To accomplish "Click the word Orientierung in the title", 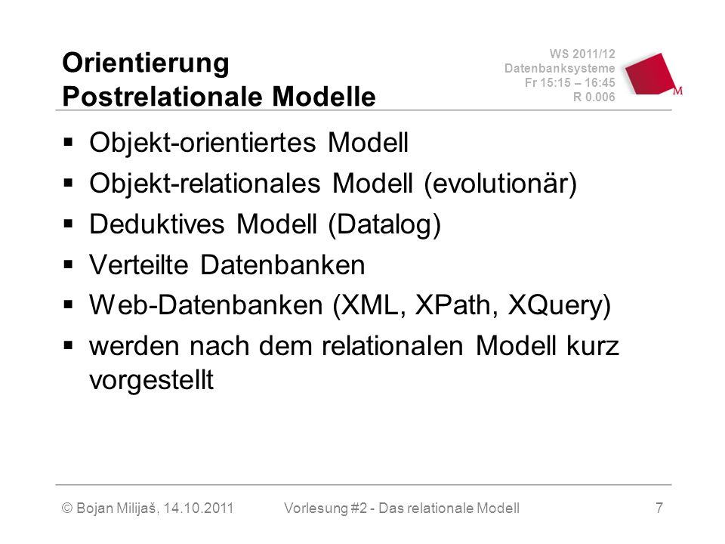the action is [146, 63].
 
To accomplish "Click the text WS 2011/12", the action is [582, 54].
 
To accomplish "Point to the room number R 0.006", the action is [594, 97].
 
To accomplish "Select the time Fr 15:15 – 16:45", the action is [569, 83].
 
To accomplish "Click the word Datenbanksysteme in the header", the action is [560, 69].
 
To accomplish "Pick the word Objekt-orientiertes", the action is [202, 143].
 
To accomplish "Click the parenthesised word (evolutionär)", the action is [500, 184].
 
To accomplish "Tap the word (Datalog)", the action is [384, 225].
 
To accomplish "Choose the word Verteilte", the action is [139, 264].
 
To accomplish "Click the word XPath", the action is [456, 305].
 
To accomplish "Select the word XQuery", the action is [559, 306].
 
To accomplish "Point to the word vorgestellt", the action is [151, 380].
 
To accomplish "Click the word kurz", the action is [593, 345].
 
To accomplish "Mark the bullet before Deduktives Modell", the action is [69, 224].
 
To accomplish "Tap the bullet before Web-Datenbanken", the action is [69, 304].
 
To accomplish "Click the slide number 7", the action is [659, 508].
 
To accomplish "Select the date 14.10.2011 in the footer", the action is [199, 508].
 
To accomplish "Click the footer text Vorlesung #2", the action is [325, 508].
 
